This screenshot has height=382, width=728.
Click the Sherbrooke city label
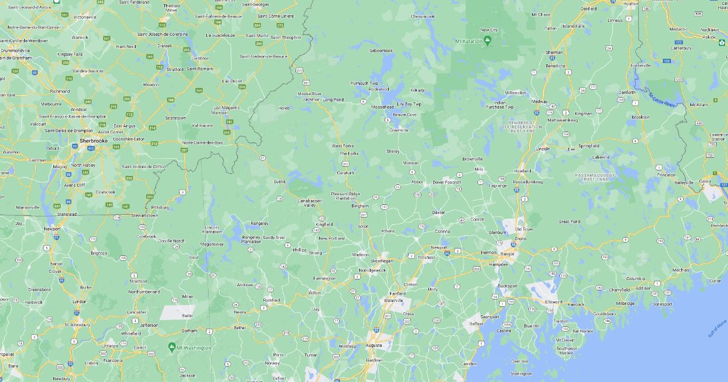coord(93,140)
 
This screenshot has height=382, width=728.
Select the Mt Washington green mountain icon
coord(172,347)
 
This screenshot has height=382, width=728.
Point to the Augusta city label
coord(374,345)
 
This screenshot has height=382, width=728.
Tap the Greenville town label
coord(399,130)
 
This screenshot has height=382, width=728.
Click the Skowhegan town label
coord(382,261)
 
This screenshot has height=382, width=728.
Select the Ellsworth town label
coord(554,301)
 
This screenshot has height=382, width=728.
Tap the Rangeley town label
coord(259,223)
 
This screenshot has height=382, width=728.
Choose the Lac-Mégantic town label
coord(227,107)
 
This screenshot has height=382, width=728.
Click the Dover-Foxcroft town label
coord(447,182)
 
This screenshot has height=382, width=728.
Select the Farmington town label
coord(324,278)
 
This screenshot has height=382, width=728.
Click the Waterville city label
coord(393,300)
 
